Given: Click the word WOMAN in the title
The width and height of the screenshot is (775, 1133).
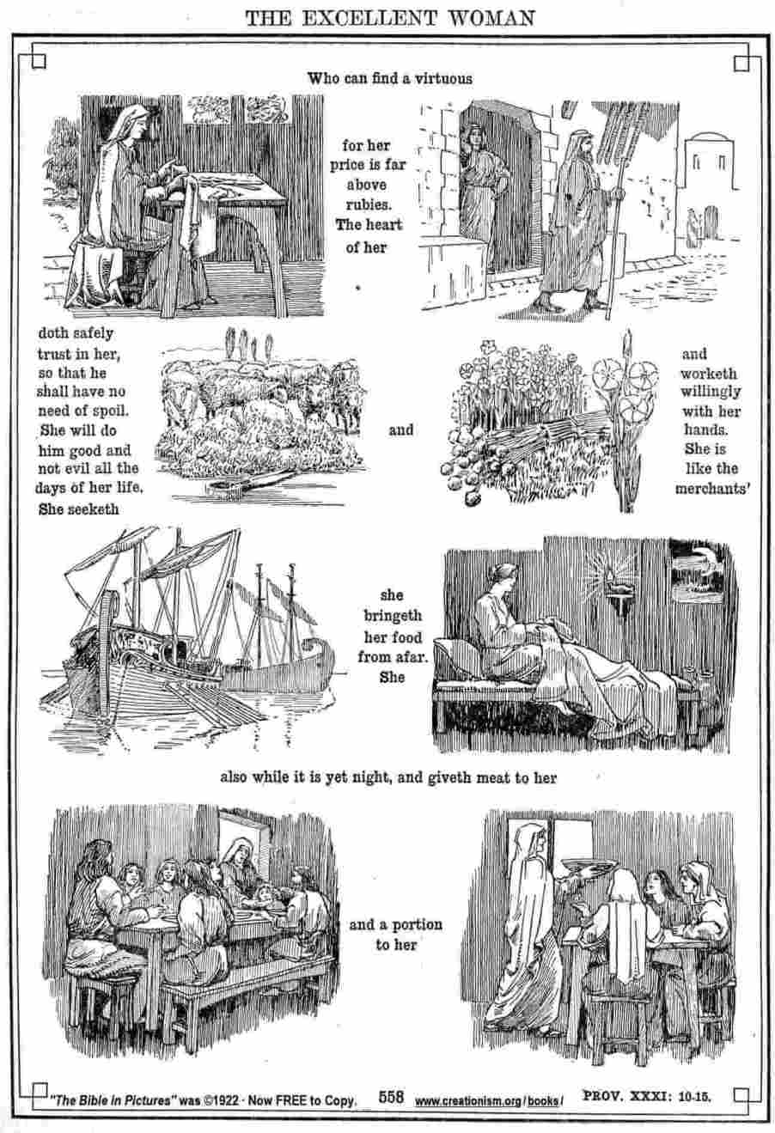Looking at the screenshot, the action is [491, 19].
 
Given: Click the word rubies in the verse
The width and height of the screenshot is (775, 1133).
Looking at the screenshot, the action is [369, 204].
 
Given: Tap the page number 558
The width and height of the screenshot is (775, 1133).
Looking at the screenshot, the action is [391, 1097].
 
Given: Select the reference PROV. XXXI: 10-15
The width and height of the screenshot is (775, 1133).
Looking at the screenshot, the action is [647, 1096].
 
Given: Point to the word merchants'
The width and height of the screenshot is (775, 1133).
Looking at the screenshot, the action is [712, 489].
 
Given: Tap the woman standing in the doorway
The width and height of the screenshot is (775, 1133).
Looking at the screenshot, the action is [478, 195].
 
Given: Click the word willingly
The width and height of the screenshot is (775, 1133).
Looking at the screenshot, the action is [711, 392].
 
